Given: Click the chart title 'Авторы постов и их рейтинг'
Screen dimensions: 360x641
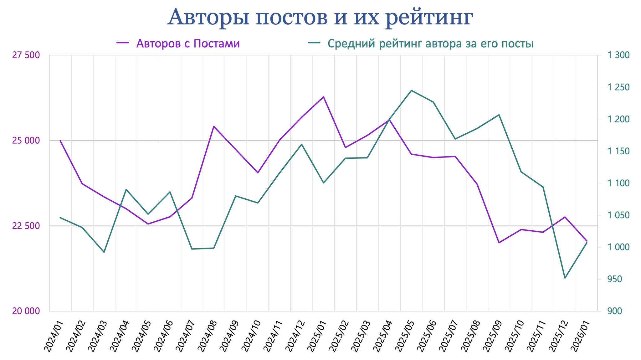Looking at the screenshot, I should (320, 17).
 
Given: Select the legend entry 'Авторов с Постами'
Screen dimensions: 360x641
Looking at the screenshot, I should (188, 44).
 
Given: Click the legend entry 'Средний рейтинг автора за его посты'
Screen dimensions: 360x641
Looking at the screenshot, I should (430, 44).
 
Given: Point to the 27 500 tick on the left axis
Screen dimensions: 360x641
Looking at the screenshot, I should (26, 55).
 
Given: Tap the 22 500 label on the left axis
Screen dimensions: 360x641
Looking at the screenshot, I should (26, 226).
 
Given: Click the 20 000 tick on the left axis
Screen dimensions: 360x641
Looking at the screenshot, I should (26, 311).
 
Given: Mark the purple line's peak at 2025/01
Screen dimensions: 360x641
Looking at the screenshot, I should (324, 97).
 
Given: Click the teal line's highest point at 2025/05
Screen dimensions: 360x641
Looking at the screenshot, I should (411, 90).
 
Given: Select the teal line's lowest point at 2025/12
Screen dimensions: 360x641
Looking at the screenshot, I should (565, 278).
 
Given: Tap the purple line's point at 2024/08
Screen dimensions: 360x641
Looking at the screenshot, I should (214, 126).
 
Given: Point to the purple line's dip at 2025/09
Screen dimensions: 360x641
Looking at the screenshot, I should (499, 243).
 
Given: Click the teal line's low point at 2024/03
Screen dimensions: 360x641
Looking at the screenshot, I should (104, 252).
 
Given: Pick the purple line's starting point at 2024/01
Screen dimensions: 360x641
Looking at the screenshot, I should (60, 141).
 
